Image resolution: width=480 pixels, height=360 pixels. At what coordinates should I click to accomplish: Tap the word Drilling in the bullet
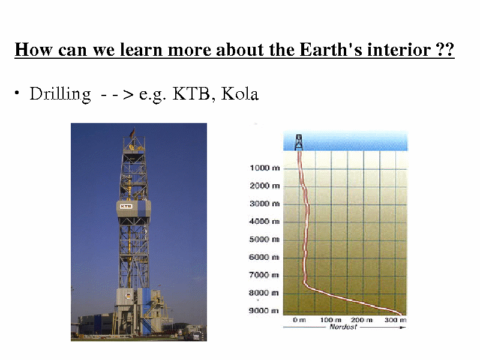(61, 94)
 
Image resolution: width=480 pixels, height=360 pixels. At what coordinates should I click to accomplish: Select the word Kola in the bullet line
(239, 94)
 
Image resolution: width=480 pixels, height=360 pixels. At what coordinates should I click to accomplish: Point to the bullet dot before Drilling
(17, 92)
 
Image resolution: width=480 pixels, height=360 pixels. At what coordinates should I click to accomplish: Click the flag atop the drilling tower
(132, 133)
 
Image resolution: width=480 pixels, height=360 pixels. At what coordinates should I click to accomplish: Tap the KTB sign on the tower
(126, 206)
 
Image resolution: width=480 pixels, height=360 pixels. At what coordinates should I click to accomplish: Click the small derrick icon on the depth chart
(298, 142)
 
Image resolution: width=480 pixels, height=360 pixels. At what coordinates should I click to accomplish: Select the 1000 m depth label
(265, 168)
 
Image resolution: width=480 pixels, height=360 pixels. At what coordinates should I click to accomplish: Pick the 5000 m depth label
(264, 239)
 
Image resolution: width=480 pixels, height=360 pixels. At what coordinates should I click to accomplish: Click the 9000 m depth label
(264, 311)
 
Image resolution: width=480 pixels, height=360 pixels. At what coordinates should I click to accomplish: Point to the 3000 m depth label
(265, 203)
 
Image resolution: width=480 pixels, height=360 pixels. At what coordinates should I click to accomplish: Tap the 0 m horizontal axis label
(299, 320)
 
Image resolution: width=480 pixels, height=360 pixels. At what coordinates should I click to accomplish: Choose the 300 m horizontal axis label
(395, 320)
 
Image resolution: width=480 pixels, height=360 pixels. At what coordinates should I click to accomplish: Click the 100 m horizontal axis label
(331, 320)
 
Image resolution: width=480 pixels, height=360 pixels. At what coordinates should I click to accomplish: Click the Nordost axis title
(343, 327)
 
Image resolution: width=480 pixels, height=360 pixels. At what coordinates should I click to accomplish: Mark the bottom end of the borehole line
(401, 314)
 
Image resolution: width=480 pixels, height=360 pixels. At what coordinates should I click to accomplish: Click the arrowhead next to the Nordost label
(403, 327)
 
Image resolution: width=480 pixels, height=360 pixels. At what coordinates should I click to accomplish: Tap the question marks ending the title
(445, 50)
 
